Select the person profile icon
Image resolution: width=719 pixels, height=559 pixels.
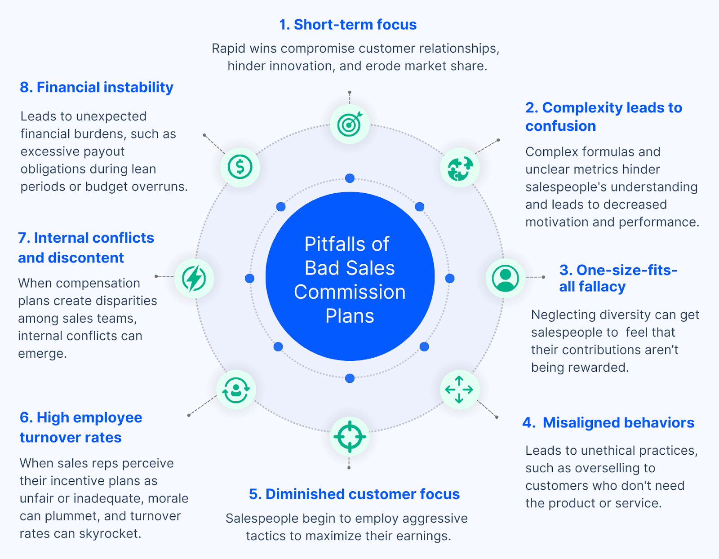(x=505, y=278)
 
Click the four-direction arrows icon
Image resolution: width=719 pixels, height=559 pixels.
(x=459, y=389)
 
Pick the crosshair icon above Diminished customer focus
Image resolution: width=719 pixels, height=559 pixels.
(x=350, y=436)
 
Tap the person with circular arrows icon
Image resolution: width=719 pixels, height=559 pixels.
(x=236, y=390)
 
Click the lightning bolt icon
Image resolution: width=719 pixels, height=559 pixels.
(x=194, y=278)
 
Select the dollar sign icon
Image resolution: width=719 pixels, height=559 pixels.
(x=240, y=167)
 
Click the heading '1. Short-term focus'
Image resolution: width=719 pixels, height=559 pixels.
(x=348, y=24)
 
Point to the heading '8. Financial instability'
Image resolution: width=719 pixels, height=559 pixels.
(x=96, y=87)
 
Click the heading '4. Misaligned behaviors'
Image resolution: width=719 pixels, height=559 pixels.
(x=608, y=422)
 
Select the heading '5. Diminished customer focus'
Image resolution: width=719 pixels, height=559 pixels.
(x=354, y=494)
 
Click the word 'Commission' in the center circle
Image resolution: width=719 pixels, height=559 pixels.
(x=350, y=292)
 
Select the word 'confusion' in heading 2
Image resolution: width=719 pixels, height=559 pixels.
(x=560, y=126)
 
